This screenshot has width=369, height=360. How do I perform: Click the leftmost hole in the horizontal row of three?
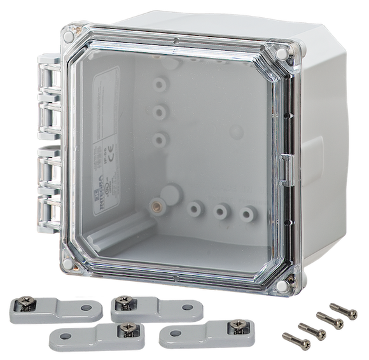pyautogui.click(x=195, y=208)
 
